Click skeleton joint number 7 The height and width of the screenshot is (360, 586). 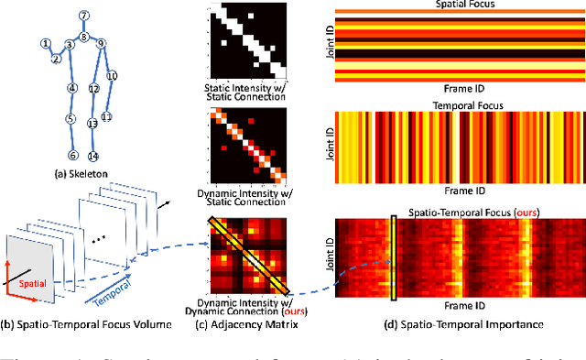pos(83,16)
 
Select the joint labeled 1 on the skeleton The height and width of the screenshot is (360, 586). pos(44,44)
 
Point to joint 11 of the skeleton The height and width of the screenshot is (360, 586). pos(106,116)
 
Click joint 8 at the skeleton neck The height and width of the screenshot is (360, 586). pos(83,38)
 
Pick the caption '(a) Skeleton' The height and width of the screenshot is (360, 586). pos(74,170)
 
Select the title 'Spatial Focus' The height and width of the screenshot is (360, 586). pos(454,5)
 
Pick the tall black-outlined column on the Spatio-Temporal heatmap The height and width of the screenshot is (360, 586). pos(393,257)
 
